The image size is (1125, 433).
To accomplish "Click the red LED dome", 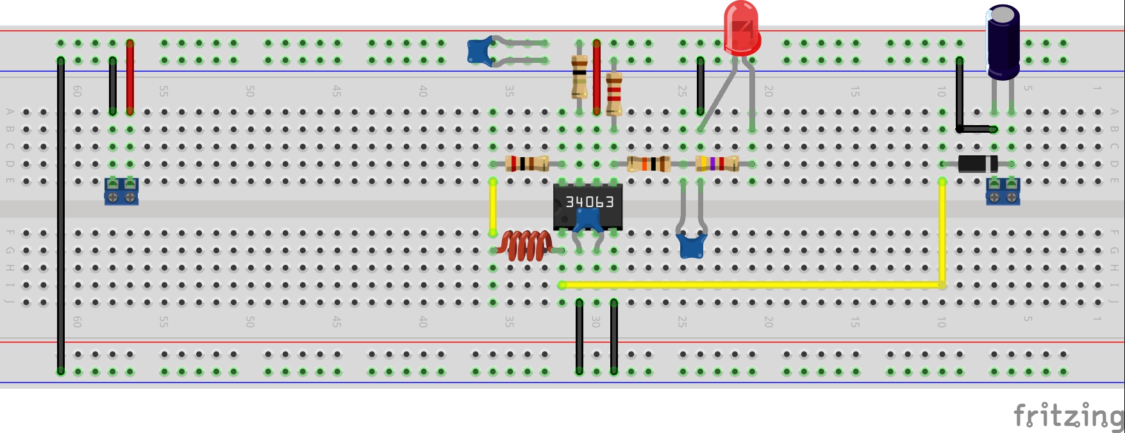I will (742, 27).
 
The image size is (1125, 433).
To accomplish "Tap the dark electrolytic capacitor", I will (1003, 42).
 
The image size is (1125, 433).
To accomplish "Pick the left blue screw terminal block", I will (121, 192).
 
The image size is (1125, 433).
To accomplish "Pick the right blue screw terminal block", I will (1003, 192).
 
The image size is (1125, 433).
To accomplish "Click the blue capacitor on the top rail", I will (479, 52).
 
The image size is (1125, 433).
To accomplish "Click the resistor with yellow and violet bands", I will (717, 164).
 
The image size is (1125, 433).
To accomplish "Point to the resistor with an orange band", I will (649, 164).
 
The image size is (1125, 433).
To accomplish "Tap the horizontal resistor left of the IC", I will (526, 164).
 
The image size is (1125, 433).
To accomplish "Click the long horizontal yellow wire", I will (750, 285).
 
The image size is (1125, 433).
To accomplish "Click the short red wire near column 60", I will (130, 77).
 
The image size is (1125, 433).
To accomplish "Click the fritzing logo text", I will (1067, 416).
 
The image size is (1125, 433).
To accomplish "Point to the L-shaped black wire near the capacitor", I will (960, 96).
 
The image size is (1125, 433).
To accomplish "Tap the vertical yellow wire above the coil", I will (493, 207).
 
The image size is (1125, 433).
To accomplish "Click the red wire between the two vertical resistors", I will (597, 77).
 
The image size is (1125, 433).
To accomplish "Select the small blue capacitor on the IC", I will (588, 221).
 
